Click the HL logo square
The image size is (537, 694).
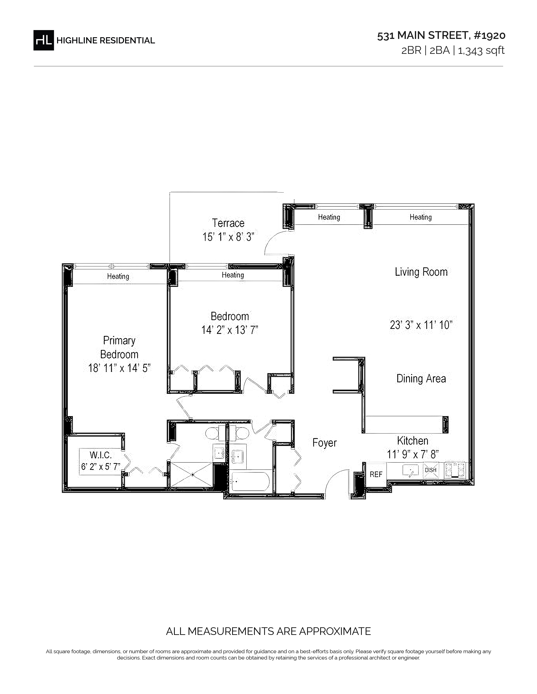pos(44,40)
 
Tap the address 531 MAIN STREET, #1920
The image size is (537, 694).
pos(441,35)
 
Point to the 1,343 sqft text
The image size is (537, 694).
pos(481,50)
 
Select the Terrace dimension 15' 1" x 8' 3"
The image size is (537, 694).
pos(228,237)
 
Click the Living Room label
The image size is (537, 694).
pos(421,272)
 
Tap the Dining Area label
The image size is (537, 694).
pos(421,379)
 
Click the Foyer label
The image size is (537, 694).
pos(325,443)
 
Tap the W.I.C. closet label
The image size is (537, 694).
pos(100,455)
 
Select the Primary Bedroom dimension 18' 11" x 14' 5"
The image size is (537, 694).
pos(119,368)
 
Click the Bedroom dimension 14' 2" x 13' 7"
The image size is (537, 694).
pos(230,330)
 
